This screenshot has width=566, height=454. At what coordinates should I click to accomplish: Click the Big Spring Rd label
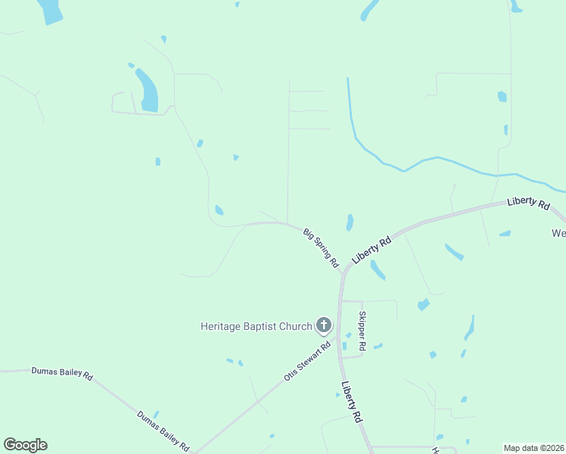click(321, 247)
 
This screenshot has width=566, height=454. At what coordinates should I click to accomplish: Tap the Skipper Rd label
click(362, 331)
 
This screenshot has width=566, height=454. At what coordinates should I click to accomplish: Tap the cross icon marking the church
click(323, 326)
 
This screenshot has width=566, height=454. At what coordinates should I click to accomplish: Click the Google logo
click(25, 445)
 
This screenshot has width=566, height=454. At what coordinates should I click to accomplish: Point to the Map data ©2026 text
click(533, 448)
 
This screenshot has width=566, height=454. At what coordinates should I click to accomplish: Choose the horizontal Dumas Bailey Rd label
click(61, 373)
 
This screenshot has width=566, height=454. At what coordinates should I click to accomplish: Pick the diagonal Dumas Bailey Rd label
click(163, 431)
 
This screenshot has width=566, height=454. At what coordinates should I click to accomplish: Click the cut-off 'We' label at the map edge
click(558, 233)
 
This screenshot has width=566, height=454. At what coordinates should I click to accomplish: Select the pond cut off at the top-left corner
click(49, 11)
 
